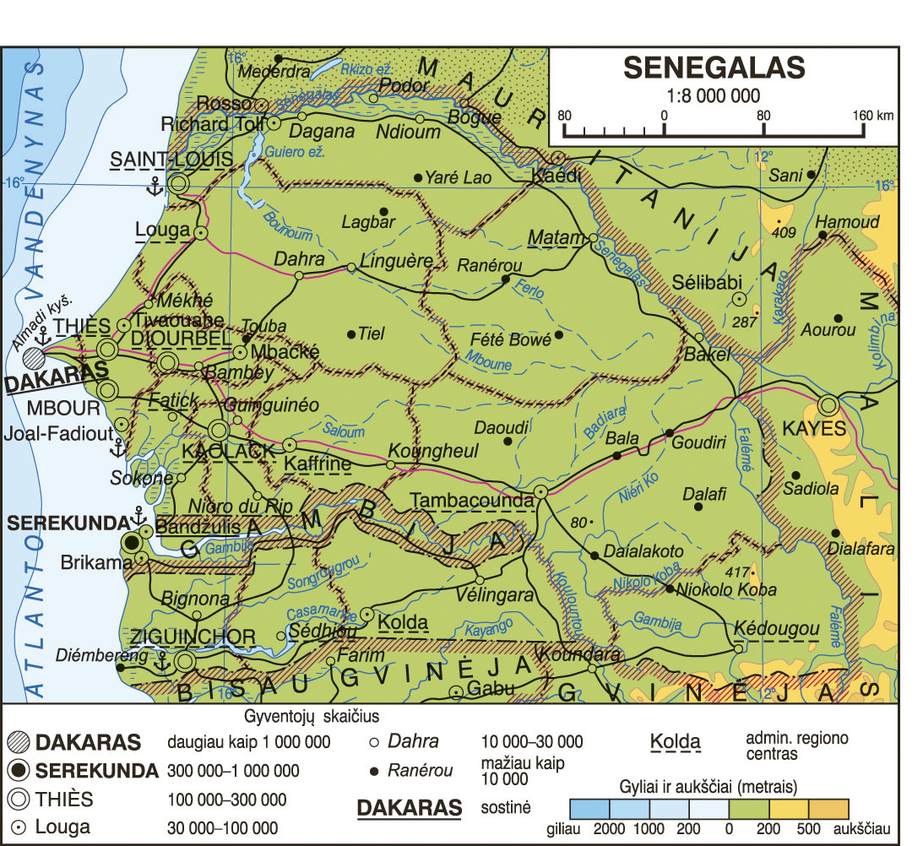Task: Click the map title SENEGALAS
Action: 714,67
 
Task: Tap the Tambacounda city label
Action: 472,500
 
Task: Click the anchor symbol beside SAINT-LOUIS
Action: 155,187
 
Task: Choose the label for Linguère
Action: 396,259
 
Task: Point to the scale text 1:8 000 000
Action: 714,95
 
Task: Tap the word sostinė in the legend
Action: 505,807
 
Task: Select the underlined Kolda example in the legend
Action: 676,742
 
